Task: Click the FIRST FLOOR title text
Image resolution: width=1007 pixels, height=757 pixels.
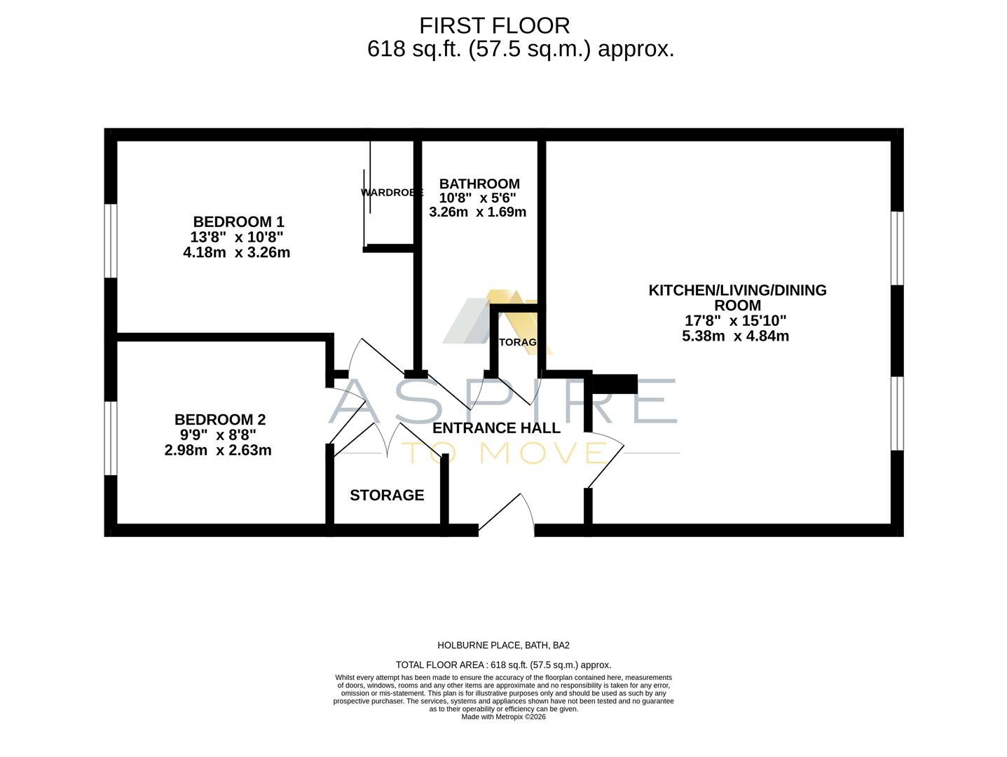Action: [x=494, y=25]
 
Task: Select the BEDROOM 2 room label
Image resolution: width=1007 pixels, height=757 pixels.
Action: [x=219, y=420]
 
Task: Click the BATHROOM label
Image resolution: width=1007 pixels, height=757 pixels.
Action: [x=479, y=184]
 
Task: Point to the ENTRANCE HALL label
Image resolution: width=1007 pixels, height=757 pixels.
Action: [x=496, y=428]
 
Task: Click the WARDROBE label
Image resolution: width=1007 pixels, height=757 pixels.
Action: [x=392, y=192]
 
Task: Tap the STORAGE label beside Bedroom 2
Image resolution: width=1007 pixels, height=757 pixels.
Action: [x=387, y=496]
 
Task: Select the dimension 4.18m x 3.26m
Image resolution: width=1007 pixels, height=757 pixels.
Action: [x=236, y=252]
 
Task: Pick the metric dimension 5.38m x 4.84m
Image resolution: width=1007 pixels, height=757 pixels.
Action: [x=735, y=336]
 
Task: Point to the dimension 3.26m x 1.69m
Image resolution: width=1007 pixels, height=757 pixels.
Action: [x=477, y=212]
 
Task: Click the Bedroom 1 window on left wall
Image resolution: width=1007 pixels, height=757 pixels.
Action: [x=111, y=240]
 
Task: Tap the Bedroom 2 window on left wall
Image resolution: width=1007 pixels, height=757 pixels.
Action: [x=111, y=438]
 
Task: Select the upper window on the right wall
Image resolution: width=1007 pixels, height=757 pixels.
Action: [x=897, y=248]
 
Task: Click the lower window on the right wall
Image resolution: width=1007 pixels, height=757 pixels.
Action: [x=897, y=413]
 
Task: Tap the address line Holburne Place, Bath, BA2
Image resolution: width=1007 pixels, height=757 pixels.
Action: [x=498, y=646]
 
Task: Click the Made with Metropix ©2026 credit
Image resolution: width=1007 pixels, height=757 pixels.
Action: [x=503, y=717]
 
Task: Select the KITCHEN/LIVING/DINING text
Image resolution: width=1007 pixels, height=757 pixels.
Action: [x=737, y=290]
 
